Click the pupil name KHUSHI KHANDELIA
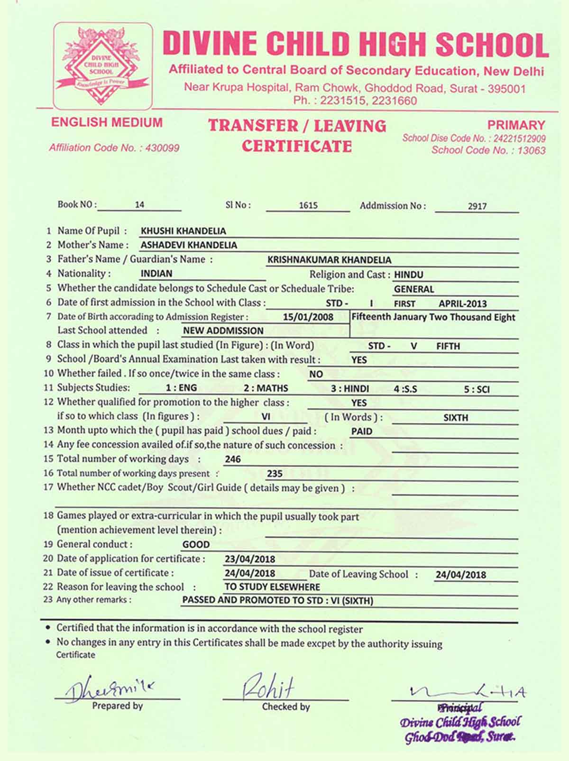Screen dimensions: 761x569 point(183,231)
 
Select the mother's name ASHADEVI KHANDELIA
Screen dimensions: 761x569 point(189,246)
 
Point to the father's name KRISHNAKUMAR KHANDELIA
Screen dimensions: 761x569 point(329,260)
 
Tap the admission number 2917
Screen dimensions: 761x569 point(477,206)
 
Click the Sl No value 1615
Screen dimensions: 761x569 point(308,206)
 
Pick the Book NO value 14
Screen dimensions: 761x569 point(139,205)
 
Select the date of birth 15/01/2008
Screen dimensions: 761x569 point(308,317)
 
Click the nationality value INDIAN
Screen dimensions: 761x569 point(156,274)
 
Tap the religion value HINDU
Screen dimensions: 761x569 point(408,275)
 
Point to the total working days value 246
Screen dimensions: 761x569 point(233,459)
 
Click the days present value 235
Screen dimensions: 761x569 point(275,474)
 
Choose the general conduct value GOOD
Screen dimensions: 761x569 point(196,545)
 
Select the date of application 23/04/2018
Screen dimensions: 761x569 point(250,559)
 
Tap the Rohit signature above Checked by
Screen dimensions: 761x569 point(268,686)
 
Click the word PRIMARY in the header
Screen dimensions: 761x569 point(516,126)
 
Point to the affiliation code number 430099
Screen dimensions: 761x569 point(162,148)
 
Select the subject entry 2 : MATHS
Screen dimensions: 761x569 point(266,388)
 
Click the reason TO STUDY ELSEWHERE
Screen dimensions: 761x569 point(272,587)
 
